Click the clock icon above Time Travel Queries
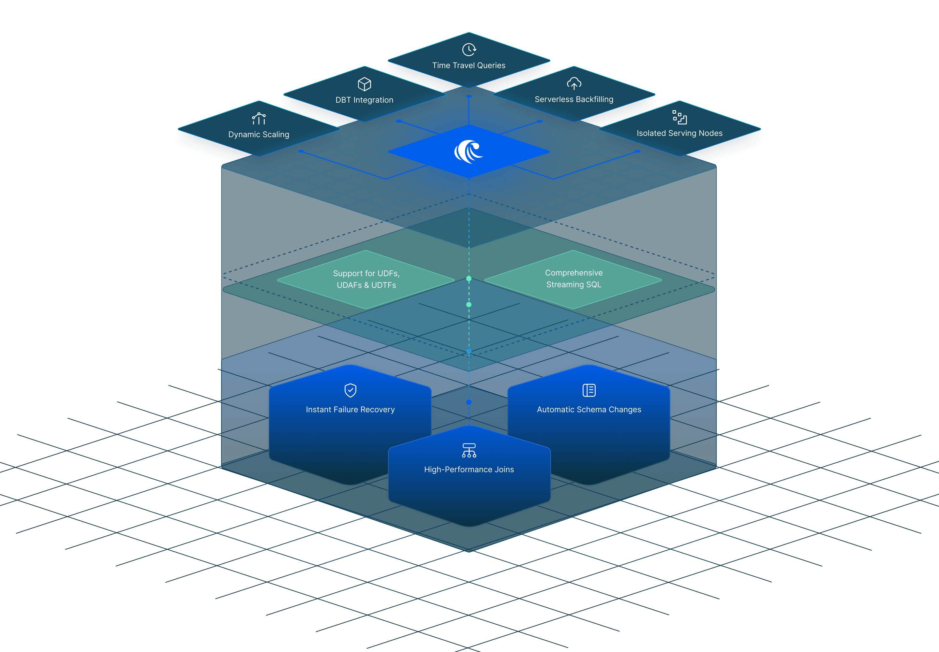469,50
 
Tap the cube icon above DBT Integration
364,84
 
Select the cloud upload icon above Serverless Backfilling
574,83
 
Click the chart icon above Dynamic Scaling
259,119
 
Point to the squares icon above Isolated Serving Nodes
679,117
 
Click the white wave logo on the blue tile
469,152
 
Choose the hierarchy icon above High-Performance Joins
469,450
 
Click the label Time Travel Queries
469,65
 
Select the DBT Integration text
364,100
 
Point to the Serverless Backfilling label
574,99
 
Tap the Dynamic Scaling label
259,134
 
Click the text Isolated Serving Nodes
679,133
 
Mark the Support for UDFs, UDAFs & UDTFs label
366,279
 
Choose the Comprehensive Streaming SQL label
574,279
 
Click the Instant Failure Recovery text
350,409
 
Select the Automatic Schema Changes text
589,409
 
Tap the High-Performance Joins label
469,470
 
